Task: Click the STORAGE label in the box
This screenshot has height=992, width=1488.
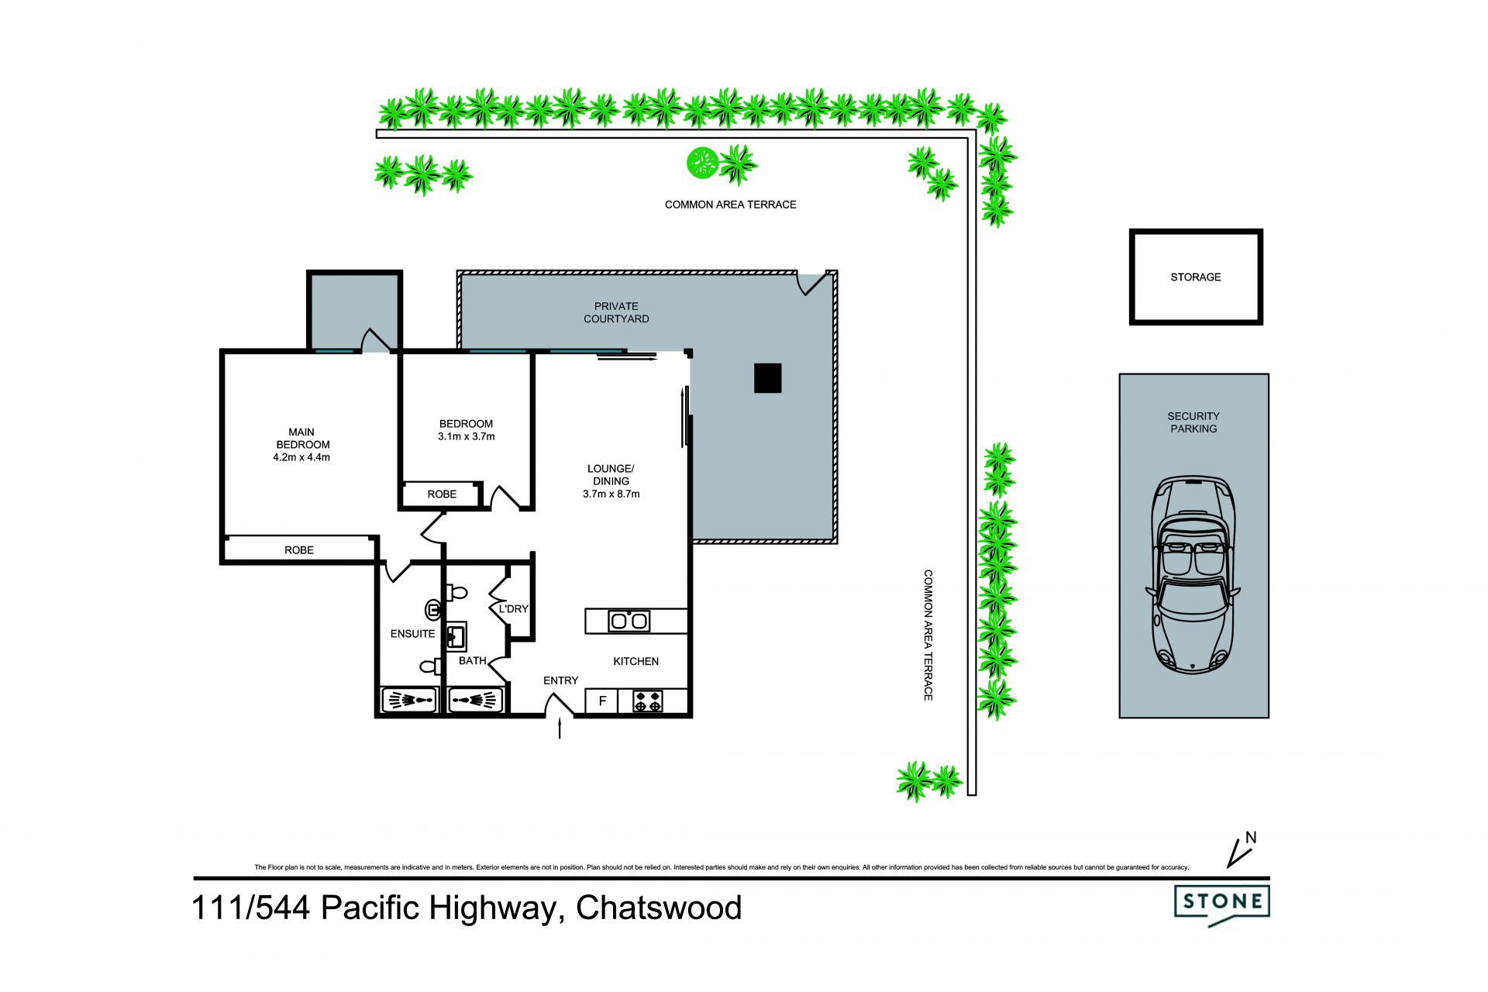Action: pyautogui.click(x=1195, y=277)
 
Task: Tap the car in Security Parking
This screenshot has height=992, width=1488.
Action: pyautogui.click(x=1193, y=574)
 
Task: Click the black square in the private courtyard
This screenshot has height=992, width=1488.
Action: pyautogui.click(x=767, y=378)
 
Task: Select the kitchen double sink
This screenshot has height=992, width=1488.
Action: pyautogui.click(x=629, y=621)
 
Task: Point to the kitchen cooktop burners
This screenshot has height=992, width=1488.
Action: pyautogui.click(x=648, y=701)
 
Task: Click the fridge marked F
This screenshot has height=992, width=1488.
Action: pyautogui.click(x=602, y=701)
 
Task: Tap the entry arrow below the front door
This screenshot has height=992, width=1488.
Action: pyautogui.click(x=560, y=728)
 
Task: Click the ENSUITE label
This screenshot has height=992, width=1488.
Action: pyautogui.click(x=412, y=634)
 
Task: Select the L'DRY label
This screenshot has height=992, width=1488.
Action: pyautogui.click(x=513, y=609)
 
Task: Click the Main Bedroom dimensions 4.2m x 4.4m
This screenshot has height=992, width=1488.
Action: pyautogui.click(x=301, y=457)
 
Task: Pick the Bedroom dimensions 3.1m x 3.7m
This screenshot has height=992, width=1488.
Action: pyautogui.click(x=466, y=436)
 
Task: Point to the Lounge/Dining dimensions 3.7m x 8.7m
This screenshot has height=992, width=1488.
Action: pyautogui.click(x=611, y=494)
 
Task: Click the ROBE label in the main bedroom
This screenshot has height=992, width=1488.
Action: pyautogui.click(x=299, y=550)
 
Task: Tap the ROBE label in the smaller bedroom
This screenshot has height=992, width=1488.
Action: pyautogui.click(x=442, y=494)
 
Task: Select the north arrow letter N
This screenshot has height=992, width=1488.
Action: pyautogui.click(x=1250, y=838)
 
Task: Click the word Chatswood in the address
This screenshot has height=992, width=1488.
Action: pyautogui.click(x=659, y=908)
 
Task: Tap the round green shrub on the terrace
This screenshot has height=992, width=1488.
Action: pyautogui.click(x=702, y=163)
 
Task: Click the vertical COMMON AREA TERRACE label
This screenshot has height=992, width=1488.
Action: pyautogui.click(x=928, y=635)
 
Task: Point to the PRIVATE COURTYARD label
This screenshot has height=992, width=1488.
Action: pyautogui.click(x=616, y=312)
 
